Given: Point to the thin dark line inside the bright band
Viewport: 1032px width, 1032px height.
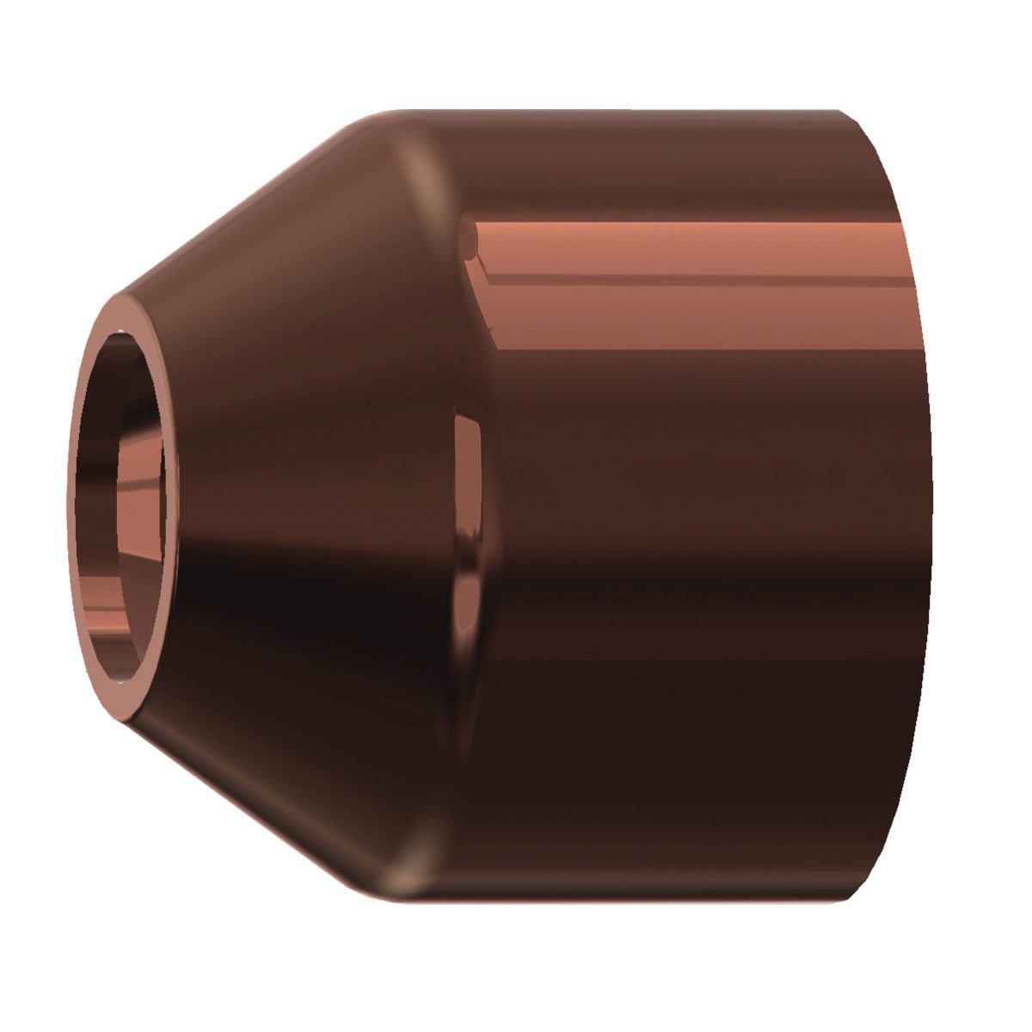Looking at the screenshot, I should click(x=688, y=276).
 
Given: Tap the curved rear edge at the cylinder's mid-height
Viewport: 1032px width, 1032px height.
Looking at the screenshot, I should click(x=931, y=507).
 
